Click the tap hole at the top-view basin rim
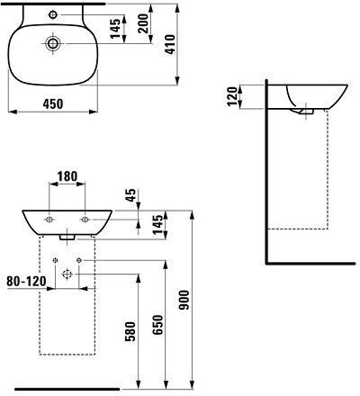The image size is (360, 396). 52,14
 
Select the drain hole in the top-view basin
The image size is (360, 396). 52,42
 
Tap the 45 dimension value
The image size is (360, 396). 131,196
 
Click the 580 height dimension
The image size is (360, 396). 130,331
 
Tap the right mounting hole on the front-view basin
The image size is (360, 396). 85,219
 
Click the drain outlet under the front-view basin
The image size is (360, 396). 67,239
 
